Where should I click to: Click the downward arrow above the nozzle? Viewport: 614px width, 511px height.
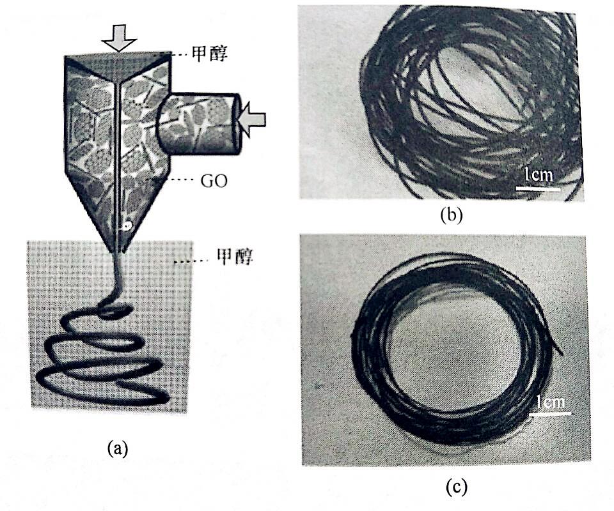[x=119, y=38]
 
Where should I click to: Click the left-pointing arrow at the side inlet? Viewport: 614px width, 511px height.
[x=253, y=119]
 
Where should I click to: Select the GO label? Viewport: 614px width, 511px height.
[x=214, y=181]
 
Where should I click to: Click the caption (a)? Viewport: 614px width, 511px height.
[x=118, y=448]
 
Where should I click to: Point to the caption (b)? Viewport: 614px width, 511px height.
[x=452, y=215]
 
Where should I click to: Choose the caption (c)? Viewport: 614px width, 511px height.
[x=457, y=487]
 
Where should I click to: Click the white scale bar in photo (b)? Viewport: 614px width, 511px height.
[x=538, y=189]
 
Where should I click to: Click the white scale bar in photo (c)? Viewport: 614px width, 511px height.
[x=550, y=413]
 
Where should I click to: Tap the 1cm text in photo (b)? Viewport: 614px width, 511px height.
[x=539, y=174]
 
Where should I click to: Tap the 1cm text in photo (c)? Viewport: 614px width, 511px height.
[x=551, y=402]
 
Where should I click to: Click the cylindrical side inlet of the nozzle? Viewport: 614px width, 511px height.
[x=198, y=123]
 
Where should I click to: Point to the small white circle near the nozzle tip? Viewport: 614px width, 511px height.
[x=127, y=225]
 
